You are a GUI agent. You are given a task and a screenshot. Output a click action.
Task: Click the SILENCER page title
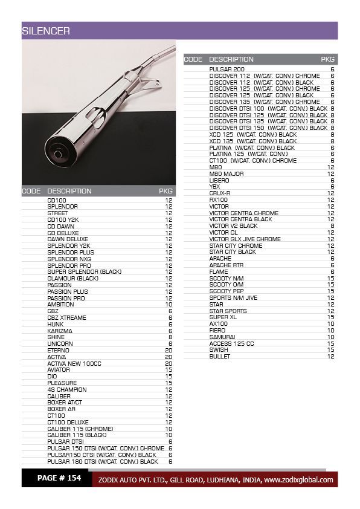pos(46,31)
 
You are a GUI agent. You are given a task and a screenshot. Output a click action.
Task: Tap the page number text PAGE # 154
pos(59,478)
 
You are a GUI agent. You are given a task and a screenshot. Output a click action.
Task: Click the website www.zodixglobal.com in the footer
pos(298,480)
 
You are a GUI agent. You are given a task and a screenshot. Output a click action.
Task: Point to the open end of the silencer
pos(59,154)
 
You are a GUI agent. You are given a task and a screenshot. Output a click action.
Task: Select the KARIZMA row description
pos(60,331)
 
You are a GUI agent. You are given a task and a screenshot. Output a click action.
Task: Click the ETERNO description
pos(59,351)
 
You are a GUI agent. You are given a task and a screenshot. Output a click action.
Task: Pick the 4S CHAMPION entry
pos(66,390)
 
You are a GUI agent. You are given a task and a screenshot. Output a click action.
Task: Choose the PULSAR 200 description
pos(227,70)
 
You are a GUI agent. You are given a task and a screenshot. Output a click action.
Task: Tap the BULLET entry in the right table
pos(220,357)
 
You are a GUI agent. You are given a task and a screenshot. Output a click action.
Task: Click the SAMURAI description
pos(222,337)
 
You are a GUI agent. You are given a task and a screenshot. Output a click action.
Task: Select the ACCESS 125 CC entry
pos(231,343)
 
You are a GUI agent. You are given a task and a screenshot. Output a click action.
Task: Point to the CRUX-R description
pos(220,193)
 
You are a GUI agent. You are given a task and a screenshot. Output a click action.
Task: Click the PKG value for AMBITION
pos(169,305)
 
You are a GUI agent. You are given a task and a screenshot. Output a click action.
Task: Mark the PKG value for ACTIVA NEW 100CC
pos(169,363)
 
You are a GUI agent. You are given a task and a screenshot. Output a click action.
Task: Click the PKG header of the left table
pos(166,191)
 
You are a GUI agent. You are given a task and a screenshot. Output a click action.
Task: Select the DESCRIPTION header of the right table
pos(231,59)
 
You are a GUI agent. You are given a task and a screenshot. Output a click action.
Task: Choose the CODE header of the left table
pos(31,191)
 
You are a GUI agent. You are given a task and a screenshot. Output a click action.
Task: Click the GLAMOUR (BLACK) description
pos(72,279)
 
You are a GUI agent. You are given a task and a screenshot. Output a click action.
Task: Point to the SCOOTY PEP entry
pos(227,291)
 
